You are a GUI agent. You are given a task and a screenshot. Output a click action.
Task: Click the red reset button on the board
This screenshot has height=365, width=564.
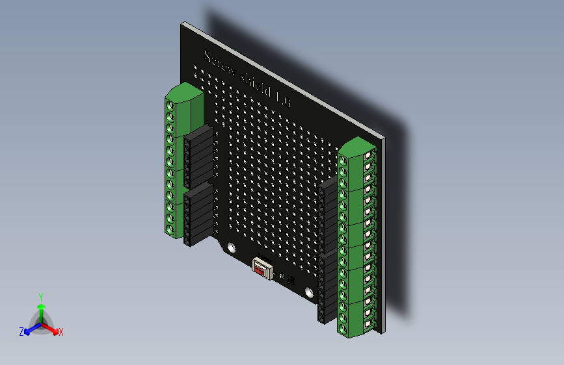(x=262, y=268)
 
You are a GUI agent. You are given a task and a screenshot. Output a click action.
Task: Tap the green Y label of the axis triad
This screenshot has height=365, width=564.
(x=40, y=296)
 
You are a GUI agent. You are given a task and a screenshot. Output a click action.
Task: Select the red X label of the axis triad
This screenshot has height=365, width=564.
(x=61, y=332)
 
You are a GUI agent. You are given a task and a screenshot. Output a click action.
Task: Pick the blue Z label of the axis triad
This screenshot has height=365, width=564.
(x=21, y=331)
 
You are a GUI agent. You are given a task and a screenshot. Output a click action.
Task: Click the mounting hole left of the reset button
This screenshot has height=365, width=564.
(x=231, y=247)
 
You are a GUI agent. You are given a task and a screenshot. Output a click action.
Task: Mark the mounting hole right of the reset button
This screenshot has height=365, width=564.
(x=309, y=293)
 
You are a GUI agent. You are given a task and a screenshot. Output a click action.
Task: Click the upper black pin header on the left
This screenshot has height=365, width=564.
(x=198, y=155)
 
